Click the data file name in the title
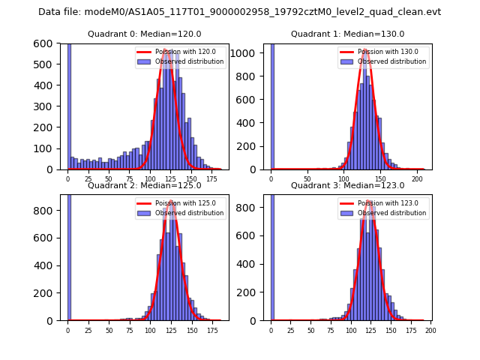(240, 12)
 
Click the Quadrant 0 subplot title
(145, 34)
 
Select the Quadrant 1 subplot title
(347, 34)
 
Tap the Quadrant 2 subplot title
(145, 185)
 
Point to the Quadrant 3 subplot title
(347, 185)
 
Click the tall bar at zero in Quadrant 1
(271, 105)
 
